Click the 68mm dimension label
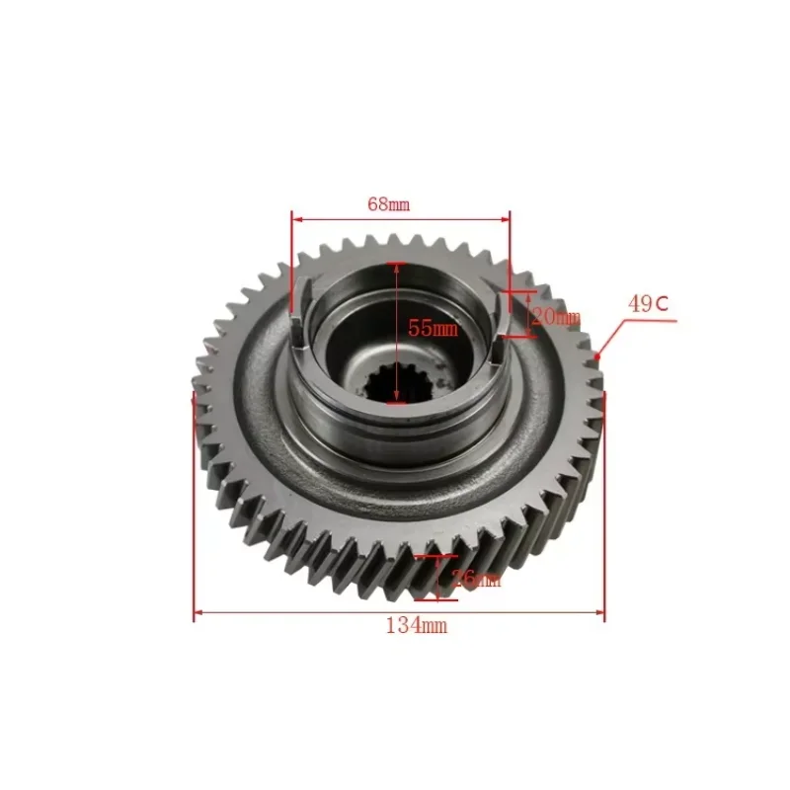click(x=387, y=204)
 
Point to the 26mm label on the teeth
click(x=474, y=580)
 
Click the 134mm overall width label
click(x=417, y=624)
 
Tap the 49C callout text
click(x=648, y=304)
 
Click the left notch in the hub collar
click(x=301, y=314)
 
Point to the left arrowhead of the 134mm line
click(x=197, y=612)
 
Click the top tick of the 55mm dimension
click(x=397, y=264)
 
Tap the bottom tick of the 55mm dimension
click(x=397, y=402)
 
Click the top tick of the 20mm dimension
click(x=517, y=293)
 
